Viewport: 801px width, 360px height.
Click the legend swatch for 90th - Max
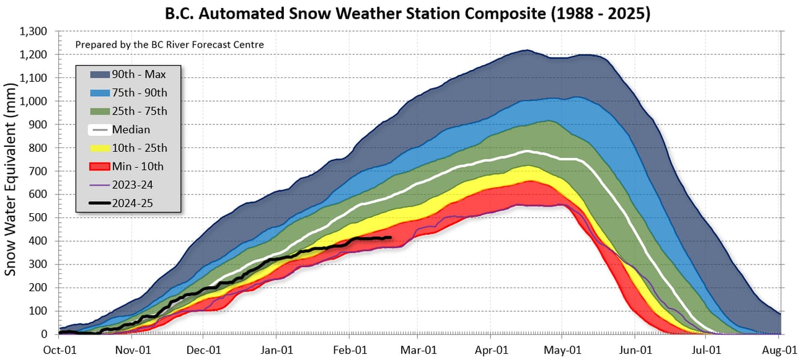pos(93,74)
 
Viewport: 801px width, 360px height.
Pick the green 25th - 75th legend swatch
pos(93,112)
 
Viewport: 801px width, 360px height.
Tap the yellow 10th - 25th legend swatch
pos(93,148)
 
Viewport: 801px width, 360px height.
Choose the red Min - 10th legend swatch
pos(93,166)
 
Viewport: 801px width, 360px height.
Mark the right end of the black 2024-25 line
pos(391,237)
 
